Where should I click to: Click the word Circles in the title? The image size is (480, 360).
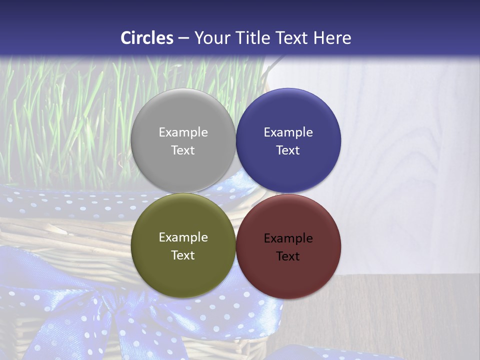tap(147, 38)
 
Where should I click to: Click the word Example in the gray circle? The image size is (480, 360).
tap(183, 132)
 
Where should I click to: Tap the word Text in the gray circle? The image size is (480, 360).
tap(183, 150)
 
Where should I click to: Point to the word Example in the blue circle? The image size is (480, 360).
tap(288, 132)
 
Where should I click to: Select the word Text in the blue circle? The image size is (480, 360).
tap(288, 150)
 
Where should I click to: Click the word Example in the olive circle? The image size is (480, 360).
tap(183, 237)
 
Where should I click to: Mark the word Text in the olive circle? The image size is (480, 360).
tap(183, 255)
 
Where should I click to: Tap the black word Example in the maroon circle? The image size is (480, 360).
tap(288, 238)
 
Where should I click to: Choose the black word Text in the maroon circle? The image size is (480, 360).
tap(288, 256)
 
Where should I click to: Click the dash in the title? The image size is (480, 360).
tap(183, 38)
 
